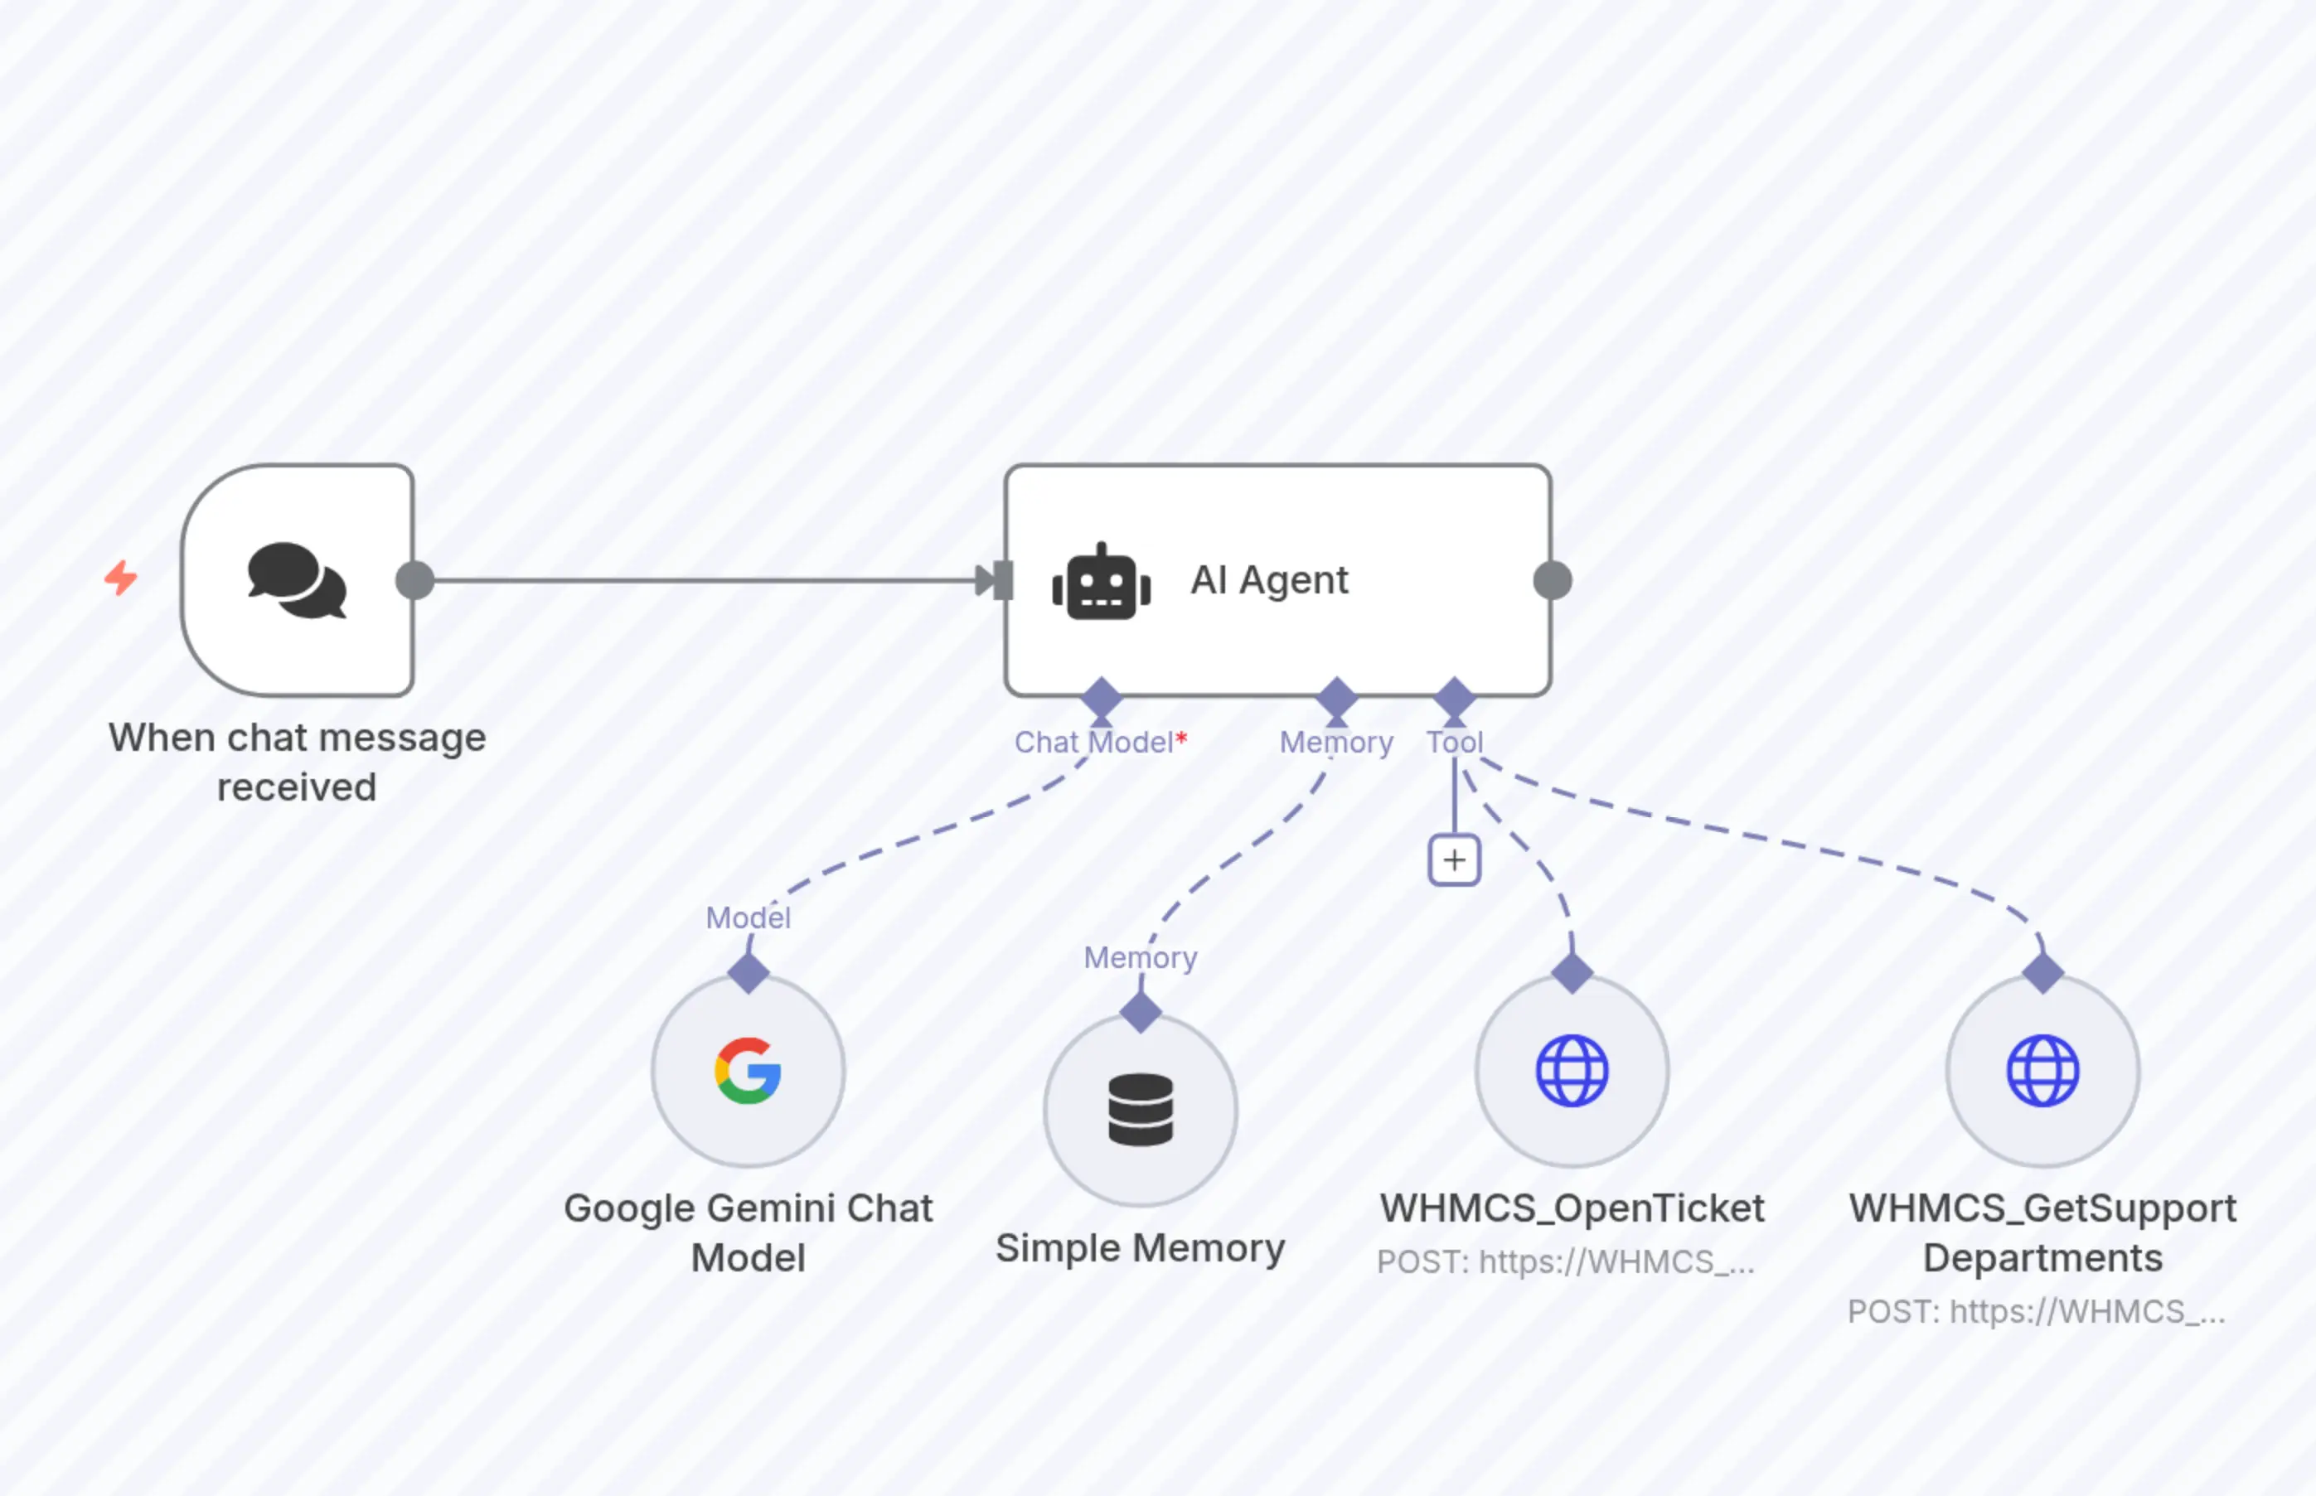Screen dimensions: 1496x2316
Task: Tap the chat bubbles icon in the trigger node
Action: click(298, 580)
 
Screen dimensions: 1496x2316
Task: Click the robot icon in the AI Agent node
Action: click(1102, 582)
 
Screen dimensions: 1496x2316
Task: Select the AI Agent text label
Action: click(1269, 580)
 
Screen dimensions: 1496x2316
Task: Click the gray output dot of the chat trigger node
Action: click(414, 580)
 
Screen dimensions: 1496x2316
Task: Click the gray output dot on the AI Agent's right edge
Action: click(1553, 580)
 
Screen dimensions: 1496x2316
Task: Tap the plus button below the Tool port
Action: click(1454, 859)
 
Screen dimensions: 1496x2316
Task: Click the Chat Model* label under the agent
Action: click(1100, 742)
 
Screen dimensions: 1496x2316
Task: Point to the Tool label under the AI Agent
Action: click(1454, 742)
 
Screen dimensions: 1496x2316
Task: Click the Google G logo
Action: click(748, 1071)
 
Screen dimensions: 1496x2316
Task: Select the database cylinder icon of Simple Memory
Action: click(1141, 1110)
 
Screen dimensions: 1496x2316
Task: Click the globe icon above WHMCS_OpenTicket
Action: click(1572, 1071)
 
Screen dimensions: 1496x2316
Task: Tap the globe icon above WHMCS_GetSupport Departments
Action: click(2043, 1071)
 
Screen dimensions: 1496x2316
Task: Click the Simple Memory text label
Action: click(1141, 1248)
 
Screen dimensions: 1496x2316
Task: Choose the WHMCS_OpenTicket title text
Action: click(1572, 1208)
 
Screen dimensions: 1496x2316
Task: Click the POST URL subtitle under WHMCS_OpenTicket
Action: click(1566, 1262)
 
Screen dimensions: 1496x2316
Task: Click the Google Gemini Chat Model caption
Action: click(748, 1232)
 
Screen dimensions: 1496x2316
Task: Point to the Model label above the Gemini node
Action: click(748, 918)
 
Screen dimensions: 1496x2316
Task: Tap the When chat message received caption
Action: click(298, 763)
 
